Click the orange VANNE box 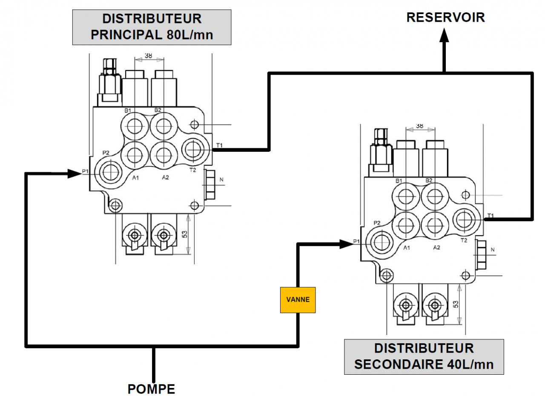click(298, 300)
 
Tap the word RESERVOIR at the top click(445, 17)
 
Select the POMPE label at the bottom click(151, 389)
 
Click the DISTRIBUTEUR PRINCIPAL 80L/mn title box click(152, 27)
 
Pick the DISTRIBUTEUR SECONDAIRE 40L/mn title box click(424, 356)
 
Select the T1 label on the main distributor click(219, 146)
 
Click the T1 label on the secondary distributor click(490, 216)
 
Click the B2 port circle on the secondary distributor click(435, 196)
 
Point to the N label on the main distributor click(221, 180)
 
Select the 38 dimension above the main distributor click(149, 55)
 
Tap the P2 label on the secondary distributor click(377, 223)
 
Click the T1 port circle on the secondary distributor click(467, 219)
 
